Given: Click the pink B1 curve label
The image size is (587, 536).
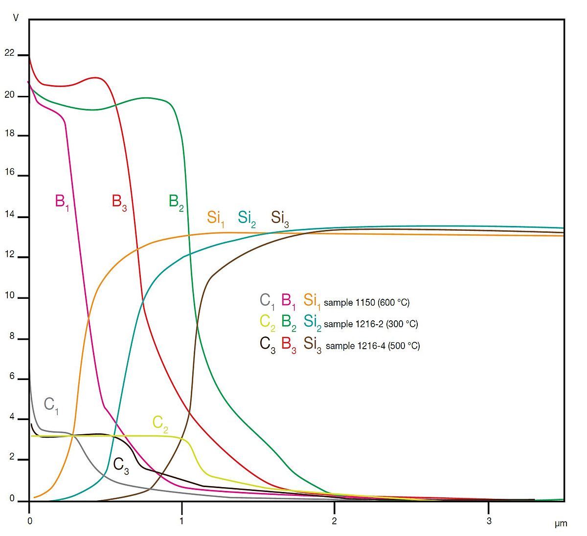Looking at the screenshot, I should point(62,201).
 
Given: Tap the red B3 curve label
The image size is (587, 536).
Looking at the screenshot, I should point(119,201).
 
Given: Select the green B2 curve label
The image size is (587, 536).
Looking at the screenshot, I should point(176,201).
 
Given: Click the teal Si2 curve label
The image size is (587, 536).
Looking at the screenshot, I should point(247,218).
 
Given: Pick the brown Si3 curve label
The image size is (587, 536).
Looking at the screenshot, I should point(280,218).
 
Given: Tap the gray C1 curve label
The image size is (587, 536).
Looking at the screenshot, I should point(51,405).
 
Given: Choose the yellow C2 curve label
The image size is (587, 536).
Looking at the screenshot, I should point(160,423).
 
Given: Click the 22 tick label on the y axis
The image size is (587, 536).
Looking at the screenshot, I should point(9,53).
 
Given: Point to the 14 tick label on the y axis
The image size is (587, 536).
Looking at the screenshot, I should point(9,215).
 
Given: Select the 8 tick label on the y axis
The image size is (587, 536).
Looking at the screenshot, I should point(12,337).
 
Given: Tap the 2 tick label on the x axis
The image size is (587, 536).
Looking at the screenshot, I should point(335,521).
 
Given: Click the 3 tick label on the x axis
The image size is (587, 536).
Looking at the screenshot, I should point(489,521).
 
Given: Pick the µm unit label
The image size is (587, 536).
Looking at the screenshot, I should point(561,524).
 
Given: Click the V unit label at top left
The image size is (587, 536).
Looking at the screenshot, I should point(16,18).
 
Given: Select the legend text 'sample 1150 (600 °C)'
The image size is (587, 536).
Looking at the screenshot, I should point(366,303).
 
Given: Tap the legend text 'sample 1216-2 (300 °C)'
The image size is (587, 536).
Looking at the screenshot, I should point(371,324).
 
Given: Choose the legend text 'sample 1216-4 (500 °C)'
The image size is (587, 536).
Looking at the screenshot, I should point(372,346).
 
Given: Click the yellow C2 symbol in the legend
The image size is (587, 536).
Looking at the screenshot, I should point(267,322).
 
